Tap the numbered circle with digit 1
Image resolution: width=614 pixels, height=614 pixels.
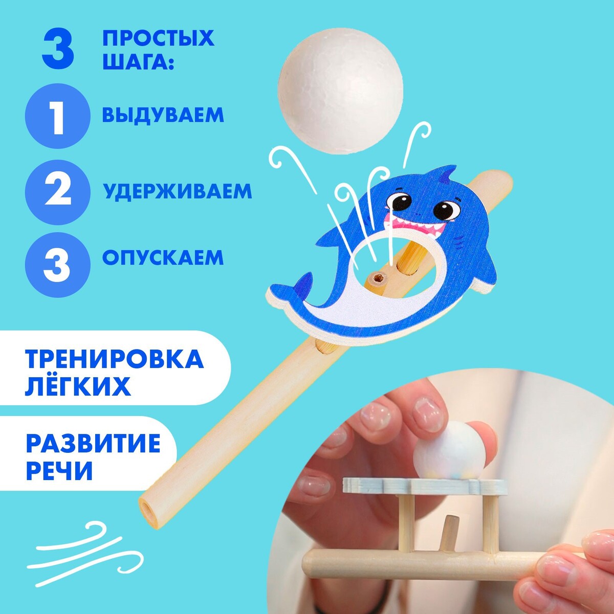pos(58,116)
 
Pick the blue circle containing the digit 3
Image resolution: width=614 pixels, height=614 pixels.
pos(58,265)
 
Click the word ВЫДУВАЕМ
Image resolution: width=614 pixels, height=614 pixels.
pos(163,115)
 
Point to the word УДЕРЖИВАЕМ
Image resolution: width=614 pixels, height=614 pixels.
pos(178,191)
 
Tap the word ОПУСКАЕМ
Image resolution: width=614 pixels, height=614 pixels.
pos(163,257)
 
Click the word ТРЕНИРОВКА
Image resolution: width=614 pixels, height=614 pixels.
pos(115,359)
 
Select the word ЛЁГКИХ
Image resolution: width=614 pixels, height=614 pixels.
pos(78,386)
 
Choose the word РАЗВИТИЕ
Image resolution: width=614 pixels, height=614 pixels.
pos(93,443)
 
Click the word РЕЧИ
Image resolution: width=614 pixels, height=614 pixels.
pos(59,470)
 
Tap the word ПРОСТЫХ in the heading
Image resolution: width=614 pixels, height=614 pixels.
pos(158,38)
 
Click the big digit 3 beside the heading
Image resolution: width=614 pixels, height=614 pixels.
pos(58,50)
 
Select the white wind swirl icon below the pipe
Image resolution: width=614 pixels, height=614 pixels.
pos(85,546)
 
